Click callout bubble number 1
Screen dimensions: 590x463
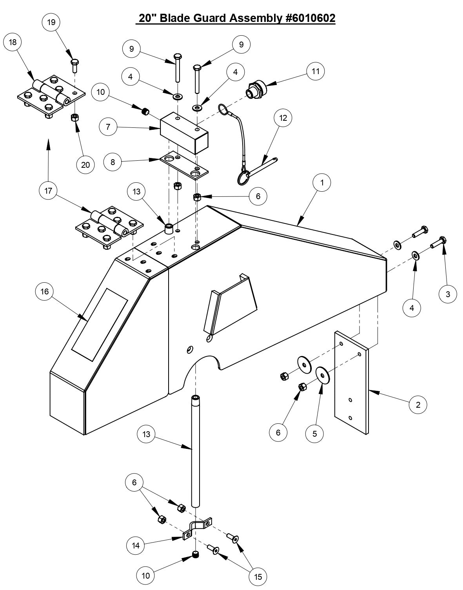click(322, 182)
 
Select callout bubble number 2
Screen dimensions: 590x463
click(418, 404)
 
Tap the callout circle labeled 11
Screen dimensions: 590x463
click(316, 71)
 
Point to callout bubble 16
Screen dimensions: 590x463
click(44, 292)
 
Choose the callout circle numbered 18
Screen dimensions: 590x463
click(13, 42)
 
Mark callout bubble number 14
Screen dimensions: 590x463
click(136, 545)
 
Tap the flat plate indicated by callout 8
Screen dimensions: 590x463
click(184, 165)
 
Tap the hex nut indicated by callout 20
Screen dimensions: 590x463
click(74, 117)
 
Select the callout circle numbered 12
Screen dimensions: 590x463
click(283, 118)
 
